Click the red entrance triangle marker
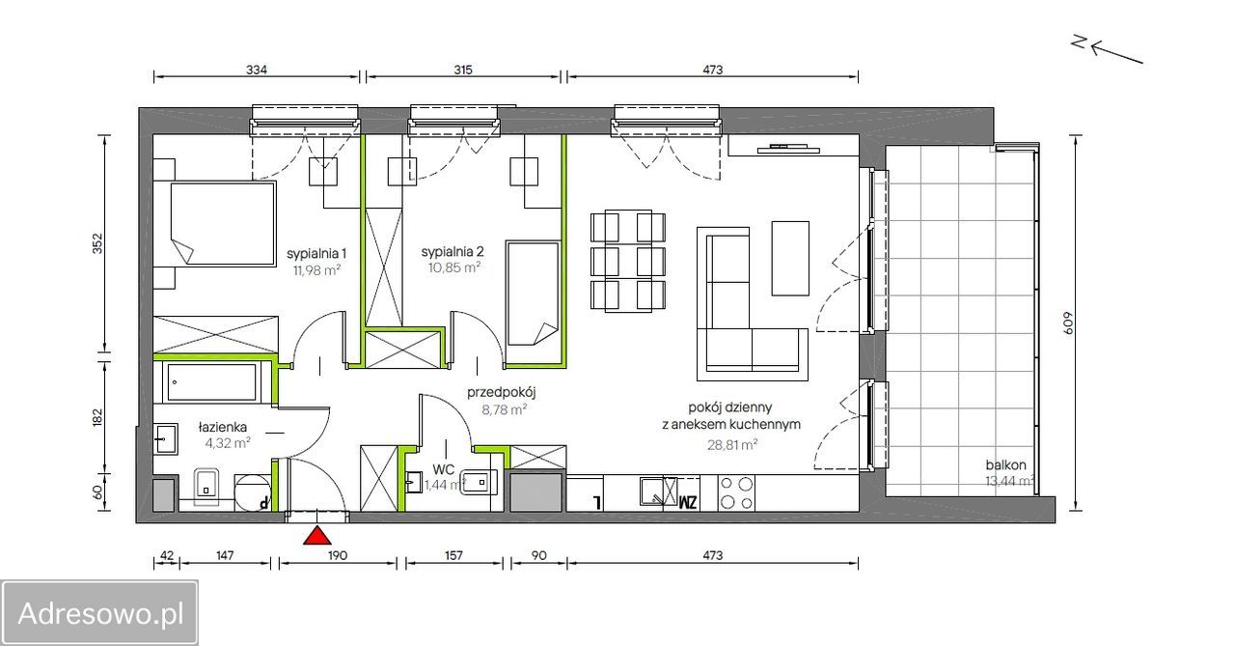(x=317, y=536)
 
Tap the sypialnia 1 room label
(x=316, y=254)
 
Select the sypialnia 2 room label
(x=453, y=252)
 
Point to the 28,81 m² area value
(x=732, y=444)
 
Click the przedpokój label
(x=501, y=393)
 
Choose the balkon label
(x=1005, y=465)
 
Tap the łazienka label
(x=223, y=427)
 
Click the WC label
(x=443, y=470)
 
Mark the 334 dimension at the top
(x=257, y=70)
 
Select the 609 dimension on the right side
(x=1068, y=323)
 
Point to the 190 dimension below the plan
(x=338, y=555)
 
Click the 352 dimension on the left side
(x=97, y=243)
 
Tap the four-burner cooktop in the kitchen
(x=736, y=492)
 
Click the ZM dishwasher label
(x=687, y=502)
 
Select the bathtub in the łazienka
(x=212, y=381)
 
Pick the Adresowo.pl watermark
(x=99, y=613)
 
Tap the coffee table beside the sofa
(x=790, y=258)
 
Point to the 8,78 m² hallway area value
(x=504, y=409)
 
